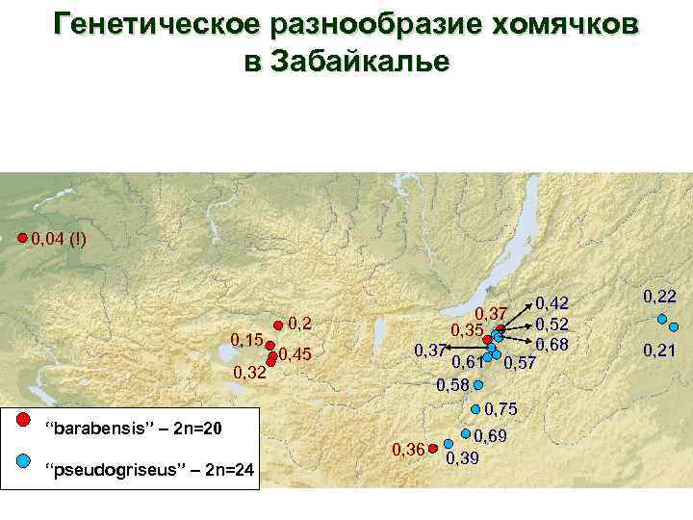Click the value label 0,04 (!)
(x=57, y=238)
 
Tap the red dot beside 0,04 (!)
(x=23, y=236)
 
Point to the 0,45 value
(x=295, y=355)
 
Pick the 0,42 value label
(x=553, y=303)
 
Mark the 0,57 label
(x=521, y=362)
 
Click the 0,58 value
(x=453, y=385)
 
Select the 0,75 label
(x=502, y=408)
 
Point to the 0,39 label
(x=463, y=457)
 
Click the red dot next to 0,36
(x=434, y=448)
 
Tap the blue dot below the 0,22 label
(x=661, y=321)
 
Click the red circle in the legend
(x=25, y=420)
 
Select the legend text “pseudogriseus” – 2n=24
(x=150, y=470)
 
